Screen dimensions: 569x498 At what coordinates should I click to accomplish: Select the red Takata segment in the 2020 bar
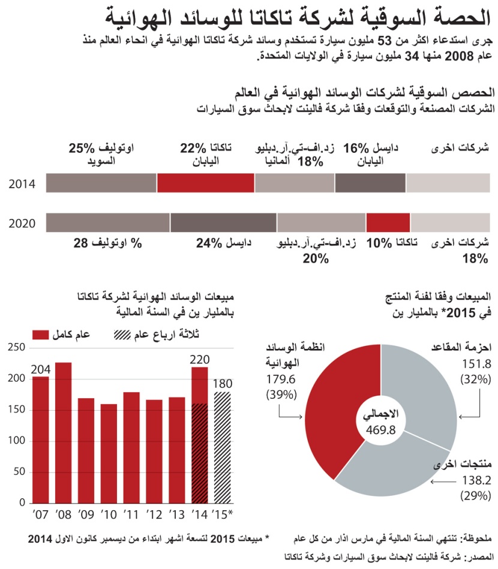click(388, 223)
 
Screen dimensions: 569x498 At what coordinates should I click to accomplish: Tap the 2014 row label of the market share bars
click(22, 184)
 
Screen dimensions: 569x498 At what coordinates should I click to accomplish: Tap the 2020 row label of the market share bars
click(22, 224)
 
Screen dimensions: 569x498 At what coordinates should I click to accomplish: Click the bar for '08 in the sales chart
click(64, 432)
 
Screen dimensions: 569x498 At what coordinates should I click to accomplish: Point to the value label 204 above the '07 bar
click(40, 369)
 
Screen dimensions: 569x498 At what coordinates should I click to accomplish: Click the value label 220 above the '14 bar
click(199, 360)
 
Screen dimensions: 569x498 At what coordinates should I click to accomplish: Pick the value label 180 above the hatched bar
click(223, 384)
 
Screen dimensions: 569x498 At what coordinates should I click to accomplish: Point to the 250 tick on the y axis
click(16, 348)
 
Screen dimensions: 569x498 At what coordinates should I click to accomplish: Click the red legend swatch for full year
click(41, 334)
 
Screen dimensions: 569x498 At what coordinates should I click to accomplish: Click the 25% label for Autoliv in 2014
click(82, 147)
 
